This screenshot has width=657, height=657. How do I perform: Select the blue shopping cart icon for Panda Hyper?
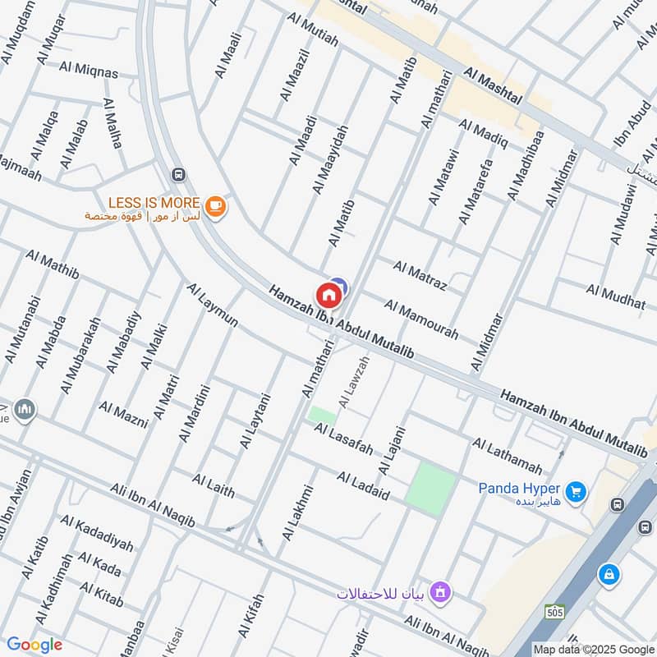tap(577, 492)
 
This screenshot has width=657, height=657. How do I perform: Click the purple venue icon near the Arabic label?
tap(441, 591)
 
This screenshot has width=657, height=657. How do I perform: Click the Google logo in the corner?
tap(34, 645)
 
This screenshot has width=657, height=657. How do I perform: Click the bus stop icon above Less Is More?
tap(177, 175)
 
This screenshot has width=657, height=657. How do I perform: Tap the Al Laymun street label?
tap(212, 306)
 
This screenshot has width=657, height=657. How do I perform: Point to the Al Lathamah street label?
tap(507, 456)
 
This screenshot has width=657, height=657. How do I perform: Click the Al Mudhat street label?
tap(616, 296)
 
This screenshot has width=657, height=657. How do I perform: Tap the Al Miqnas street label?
tap(89, 70)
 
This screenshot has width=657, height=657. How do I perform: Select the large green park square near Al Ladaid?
tap(432, 489)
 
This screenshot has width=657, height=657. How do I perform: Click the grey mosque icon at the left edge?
tap(24, 409)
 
